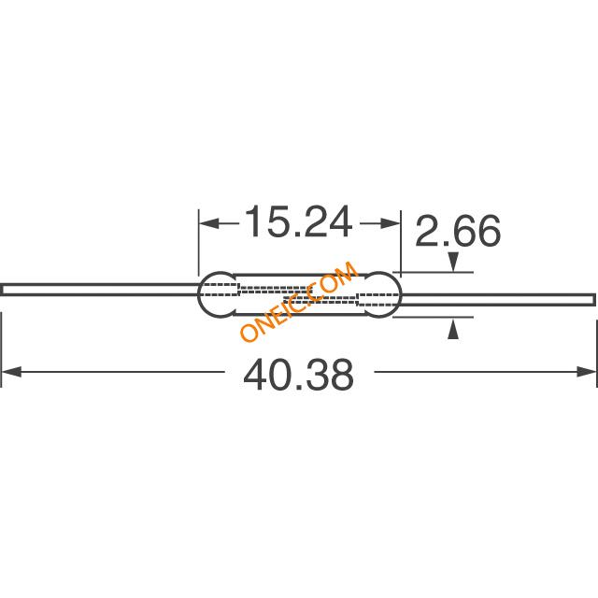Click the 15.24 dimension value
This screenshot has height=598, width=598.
299,222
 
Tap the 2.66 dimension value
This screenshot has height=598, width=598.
458,231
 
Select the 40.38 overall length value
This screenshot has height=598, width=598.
299,374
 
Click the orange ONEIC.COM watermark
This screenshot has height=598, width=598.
299,301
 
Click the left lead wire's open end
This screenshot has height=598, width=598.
2,290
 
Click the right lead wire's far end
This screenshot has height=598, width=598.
594,299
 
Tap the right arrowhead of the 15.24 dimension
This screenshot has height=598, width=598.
390,224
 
